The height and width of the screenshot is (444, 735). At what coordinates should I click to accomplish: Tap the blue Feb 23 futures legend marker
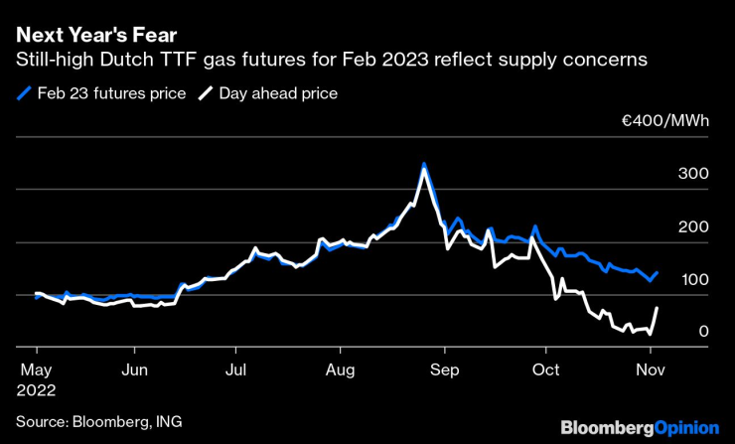coord(24,94)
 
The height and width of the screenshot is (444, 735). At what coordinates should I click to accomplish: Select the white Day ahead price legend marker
coord(206,94)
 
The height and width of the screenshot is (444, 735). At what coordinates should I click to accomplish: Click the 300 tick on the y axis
coord(693,174)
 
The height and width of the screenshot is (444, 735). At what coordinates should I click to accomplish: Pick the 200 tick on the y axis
coord(693,227)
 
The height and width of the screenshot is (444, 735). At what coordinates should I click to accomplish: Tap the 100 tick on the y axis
coord(693,281)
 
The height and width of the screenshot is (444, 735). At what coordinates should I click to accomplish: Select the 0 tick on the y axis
coord(703,332)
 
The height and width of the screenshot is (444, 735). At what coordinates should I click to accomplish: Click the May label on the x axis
coord(36,370)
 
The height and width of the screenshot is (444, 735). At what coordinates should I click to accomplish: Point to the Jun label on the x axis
coord(134,370)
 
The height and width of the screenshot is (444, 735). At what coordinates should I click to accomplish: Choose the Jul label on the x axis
coord(235,370)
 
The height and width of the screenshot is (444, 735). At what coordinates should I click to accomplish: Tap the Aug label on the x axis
coord(340,370)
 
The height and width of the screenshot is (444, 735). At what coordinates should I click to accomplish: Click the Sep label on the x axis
coord(444,370)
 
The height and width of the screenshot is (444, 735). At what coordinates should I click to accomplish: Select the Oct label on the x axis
coord(545,370)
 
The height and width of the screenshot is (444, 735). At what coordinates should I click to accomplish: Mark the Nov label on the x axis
coord(649,370)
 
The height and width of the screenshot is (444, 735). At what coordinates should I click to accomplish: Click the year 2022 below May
coord(37,390)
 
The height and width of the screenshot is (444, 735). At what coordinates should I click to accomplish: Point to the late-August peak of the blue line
coord(424,164)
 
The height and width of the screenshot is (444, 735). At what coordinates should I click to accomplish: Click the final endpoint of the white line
coord(657,309)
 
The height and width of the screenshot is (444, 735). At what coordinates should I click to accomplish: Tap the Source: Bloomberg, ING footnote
coord(99,421)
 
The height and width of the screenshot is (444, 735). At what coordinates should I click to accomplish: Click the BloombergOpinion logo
coord(640,427)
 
